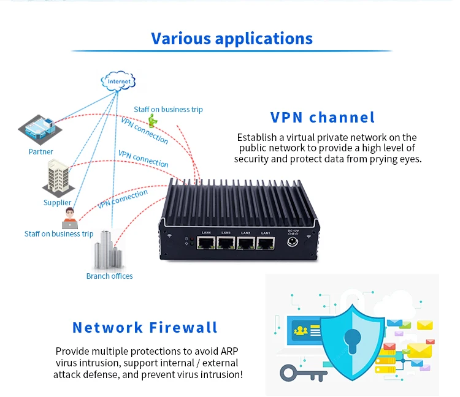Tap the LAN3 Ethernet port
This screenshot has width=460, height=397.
click(226, 244)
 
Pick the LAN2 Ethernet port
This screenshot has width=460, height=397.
click(246, 244)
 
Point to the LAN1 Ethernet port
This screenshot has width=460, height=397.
click(266, 244)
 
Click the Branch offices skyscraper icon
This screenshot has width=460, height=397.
click(109, 251)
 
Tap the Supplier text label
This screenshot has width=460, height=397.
click(57, 203)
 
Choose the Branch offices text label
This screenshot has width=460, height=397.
click(109, 276)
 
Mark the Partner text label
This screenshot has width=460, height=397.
click(40, 151)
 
